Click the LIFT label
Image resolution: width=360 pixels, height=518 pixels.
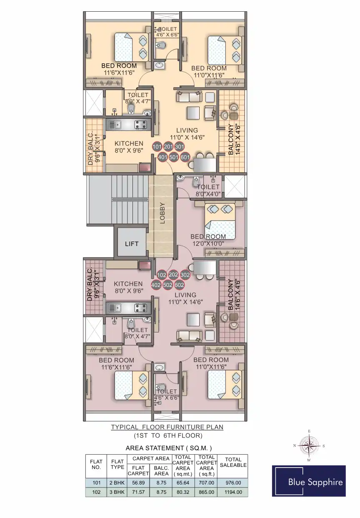(132, 244)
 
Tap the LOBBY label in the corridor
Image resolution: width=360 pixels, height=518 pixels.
(162, 213)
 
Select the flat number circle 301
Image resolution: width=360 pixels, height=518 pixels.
(179, 147)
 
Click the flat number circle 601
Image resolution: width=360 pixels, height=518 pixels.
(185, 157)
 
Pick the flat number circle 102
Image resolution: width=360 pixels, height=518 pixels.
(162, 275)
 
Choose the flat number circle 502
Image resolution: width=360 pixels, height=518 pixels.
(167, 285)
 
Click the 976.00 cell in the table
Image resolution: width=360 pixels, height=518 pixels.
(233, 483)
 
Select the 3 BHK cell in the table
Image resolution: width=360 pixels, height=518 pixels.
(117, 492)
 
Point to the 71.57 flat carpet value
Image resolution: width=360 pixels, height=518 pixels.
(138, 492)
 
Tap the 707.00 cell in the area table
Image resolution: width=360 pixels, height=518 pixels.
(206, 483)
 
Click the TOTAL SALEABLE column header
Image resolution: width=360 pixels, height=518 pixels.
(233, 463)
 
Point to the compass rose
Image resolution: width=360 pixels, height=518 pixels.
(309, 445)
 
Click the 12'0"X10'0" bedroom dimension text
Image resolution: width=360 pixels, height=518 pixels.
(208, 244)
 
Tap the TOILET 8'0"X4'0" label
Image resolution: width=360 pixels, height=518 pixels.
(208, 190)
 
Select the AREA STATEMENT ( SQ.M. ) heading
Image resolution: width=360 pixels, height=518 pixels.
(169, 448)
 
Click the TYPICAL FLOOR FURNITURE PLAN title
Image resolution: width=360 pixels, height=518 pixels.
(167, 427)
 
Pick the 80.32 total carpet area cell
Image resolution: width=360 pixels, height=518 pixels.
(183, 492)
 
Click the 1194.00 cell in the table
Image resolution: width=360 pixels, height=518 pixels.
(233, 492)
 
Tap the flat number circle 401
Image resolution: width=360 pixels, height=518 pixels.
(162, 157)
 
